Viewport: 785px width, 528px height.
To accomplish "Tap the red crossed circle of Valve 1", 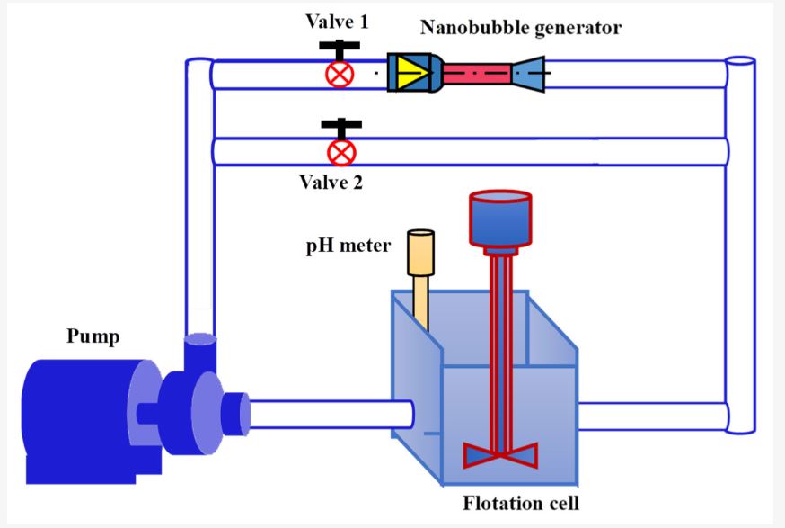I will (340, 74).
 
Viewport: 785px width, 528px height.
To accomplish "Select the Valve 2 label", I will (331, 183).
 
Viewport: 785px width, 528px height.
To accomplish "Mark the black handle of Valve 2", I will (340, 125).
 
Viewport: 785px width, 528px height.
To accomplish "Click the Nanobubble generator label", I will (520, 28).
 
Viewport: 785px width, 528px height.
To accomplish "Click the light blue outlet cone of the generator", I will (531, 74).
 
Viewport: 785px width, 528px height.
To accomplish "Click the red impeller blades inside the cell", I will (500, 454).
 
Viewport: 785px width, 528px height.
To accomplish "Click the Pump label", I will (93, 337).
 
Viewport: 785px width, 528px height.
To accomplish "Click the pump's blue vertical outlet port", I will (200, 353).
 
